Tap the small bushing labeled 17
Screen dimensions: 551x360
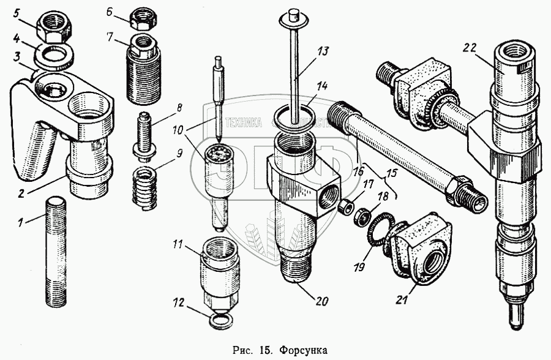click(x=347, y=205)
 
